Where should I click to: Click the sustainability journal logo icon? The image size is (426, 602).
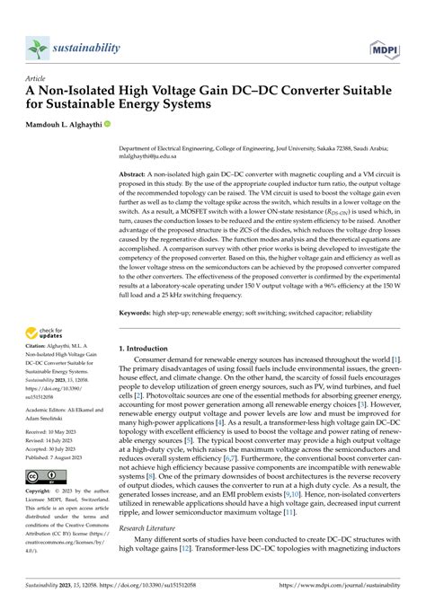(37, 48)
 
